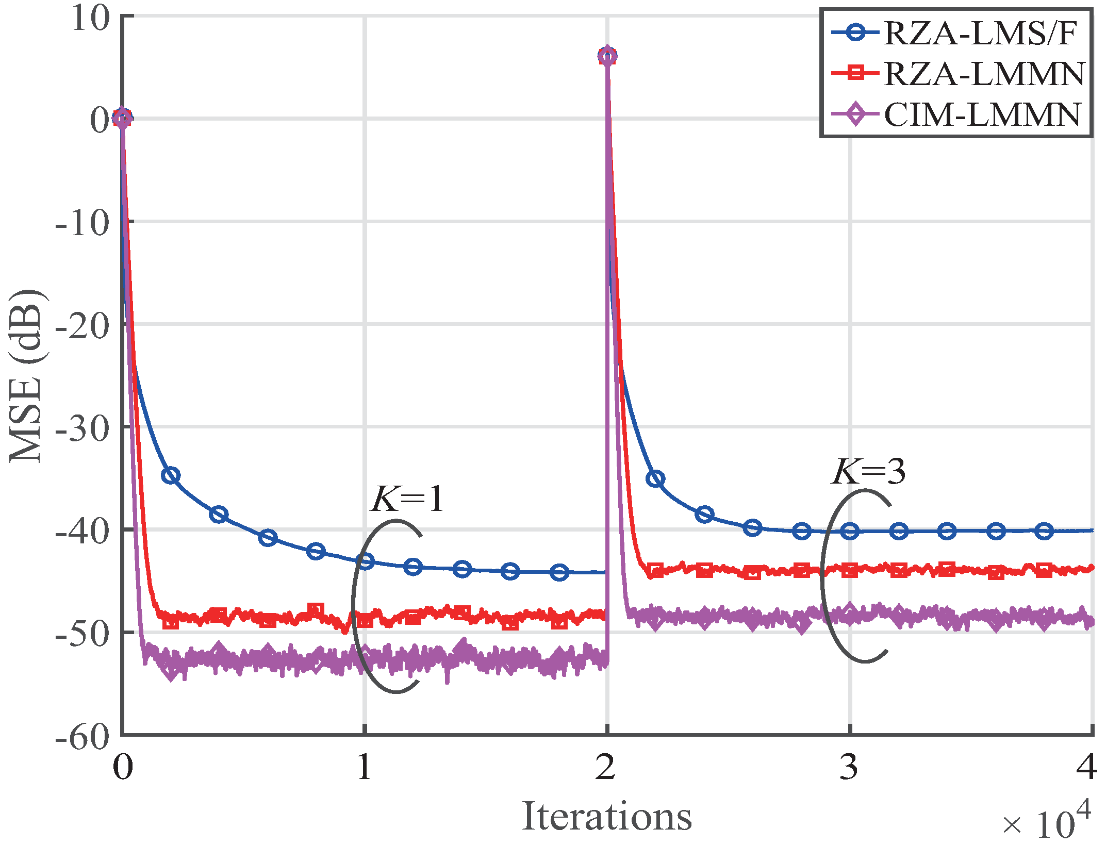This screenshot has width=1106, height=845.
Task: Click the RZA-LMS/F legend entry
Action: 956,34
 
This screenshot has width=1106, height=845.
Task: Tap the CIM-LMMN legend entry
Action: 956,114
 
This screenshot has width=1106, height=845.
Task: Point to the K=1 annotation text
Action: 407,499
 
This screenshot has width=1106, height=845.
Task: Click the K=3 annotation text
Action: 868,471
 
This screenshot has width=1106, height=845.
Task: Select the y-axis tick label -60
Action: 82,737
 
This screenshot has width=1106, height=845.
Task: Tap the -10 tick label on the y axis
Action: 82,223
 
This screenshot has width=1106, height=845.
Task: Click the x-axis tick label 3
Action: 848,767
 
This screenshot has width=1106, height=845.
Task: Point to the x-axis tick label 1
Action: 364,767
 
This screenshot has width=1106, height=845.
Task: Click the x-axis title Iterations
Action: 606,816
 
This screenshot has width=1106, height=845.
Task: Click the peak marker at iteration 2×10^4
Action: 607,56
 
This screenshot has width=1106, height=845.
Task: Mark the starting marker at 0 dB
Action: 122,118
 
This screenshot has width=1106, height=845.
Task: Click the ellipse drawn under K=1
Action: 354,608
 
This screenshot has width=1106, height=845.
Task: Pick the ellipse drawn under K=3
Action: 821,577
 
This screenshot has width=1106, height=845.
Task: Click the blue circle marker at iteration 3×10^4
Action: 850,531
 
